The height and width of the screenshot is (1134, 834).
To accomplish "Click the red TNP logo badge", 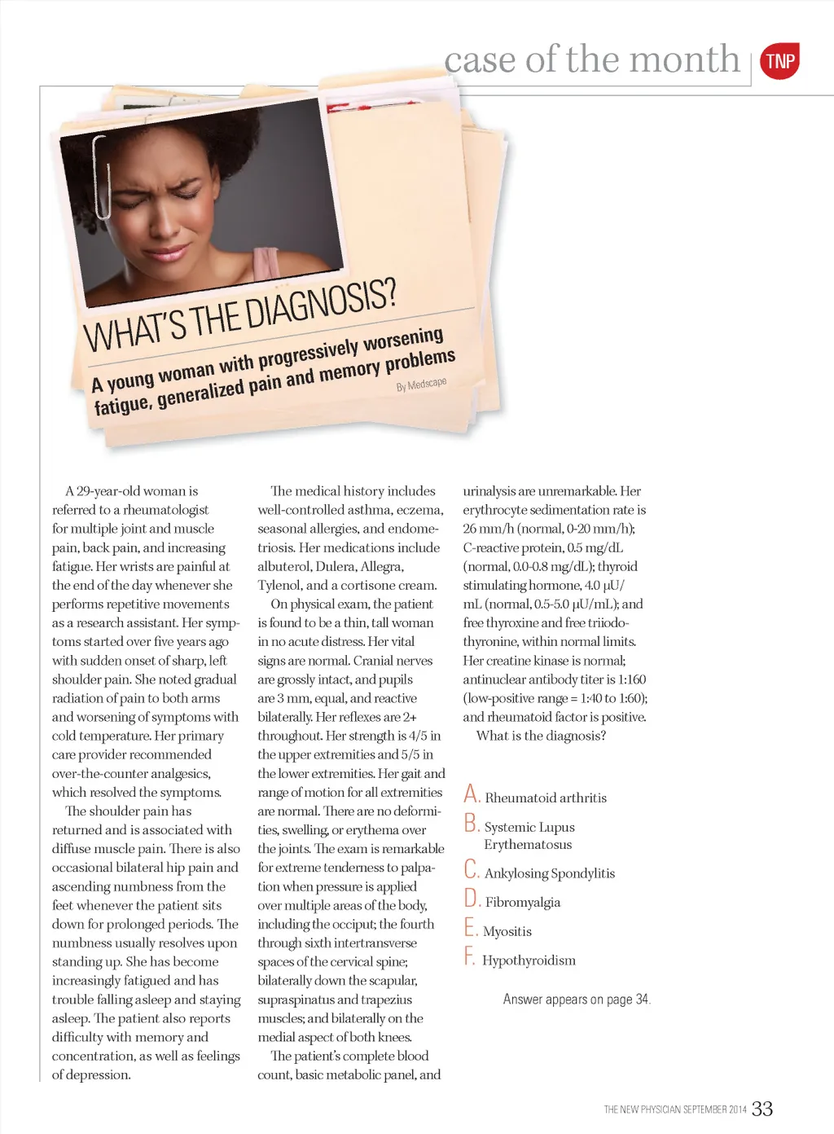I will pos(779,61).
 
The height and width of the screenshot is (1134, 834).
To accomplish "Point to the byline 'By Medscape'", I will pos(421,385).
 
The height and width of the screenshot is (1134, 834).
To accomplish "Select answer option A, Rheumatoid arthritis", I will pos(545,798).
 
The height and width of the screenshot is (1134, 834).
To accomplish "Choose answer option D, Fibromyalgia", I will pos(522,902).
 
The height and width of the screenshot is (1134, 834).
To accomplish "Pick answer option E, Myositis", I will pos(507,931).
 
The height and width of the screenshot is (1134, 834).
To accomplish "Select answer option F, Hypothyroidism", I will pos(528,960).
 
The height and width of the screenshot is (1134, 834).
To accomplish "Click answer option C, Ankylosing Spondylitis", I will pos(549,873).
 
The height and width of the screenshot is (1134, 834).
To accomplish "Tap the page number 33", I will pos(762,1108).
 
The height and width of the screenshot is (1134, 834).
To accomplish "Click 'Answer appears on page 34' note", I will pos(577,1000).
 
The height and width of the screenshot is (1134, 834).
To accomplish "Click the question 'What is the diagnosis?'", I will pos(541,736).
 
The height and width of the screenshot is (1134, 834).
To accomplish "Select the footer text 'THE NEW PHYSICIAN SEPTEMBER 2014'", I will pos(674,1110).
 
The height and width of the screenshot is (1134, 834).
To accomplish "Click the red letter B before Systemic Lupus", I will pos(471,824).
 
